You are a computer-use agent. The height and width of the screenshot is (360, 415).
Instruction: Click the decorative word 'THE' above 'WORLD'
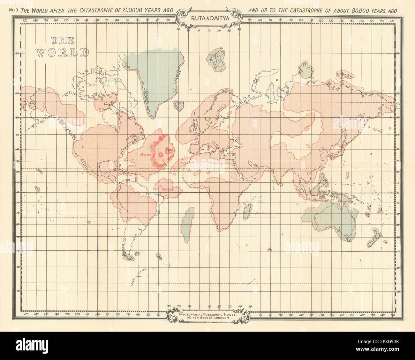coord(63,40)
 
